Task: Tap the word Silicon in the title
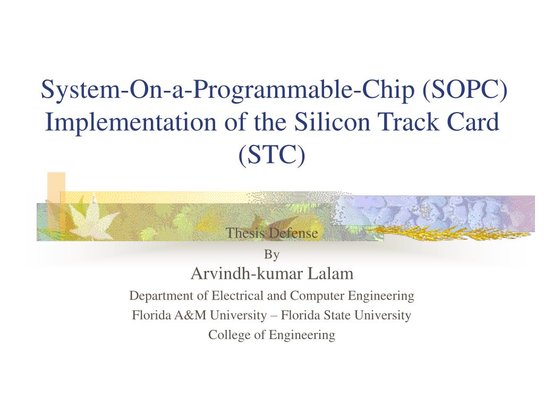click(x=325, y=122)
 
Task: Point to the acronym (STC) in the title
click(x=272, y=155)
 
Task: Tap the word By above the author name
click(x=272, y=255)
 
